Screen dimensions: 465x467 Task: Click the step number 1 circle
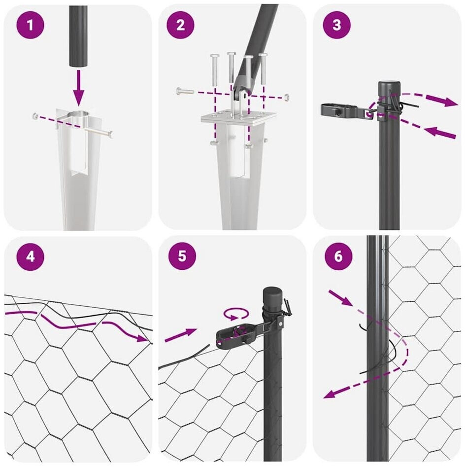coord(30,25)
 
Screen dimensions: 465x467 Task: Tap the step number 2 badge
coord(181,25)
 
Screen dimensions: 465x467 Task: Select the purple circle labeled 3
coord(336,25)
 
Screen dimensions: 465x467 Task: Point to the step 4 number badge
coord(30,256)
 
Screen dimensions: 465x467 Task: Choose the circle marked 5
coord(182,256)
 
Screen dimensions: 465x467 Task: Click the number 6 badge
coord(338,256)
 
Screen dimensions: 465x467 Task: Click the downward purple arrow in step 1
coord(78,87)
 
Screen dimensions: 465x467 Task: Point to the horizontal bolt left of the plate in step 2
coord(185,91)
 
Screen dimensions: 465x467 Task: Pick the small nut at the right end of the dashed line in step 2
coord(287,97)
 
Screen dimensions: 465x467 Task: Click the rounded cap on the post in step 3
coord(390,87)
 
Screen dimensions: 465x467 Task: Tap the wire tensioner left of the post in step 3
coord(347,111)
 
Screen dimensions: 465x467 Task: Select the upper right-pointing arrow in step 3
coord(442,100)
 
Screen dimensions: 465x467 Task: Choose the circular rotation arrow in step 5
coord(236,314)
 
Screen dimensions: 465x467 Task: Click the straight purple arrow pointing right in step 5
coord(181,335)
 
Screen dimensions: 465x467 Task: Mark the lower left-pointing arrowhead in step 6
coord(330,394)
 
